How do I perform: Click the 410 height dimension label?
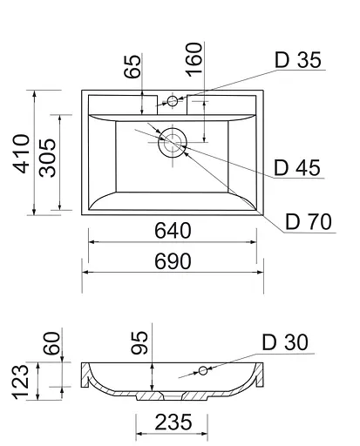point(21,153)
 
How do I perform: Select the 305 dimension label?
point(47,158)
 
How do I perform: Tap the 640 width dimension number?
point(173,231)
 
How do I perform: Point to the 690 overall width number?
point(173,261)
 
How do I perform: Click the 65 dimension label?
point(132,66)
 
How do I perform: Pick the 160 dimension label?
point(194,60)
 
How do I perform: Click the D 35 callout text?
point(298,60)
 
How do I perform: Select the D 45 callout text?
point(297,167)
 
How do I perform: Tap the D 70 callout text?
point(309,221)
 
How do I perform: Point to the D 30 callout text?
point(285,342)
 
